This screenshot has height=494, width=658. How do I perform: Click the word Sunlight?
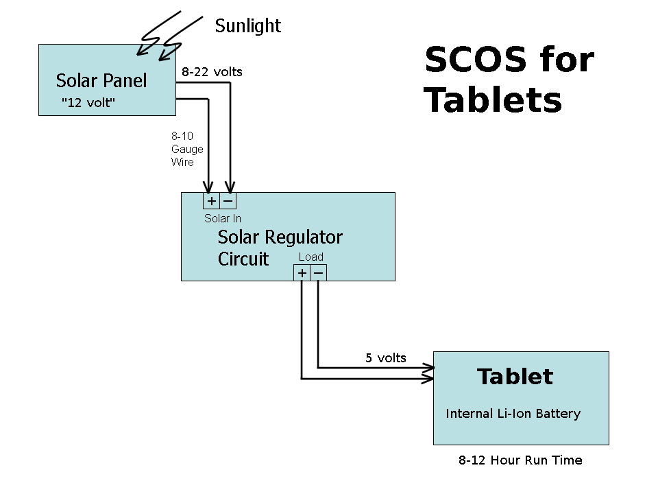[x=247, y=26]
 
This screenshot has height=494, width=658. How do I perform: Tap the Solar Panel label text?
[x=101, y=80]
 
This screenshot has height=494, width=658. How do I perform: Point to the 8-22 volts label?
[x=212, y=71]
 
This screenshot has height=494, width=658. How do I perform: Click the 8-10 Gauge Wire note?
[x=186, y=149]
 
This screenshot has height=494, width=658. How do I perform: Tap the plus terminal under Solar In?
[x=212, y=201]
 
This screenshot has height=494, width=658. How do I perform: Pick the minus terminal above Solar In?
[x=228, y=201]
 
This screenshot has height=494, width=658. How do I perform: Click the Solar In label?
[x=223, y=219]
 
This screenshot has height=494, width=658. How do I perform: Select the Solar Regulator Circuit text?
[x=280, y=248]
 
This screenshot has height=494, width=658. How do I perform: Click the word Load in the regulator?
[x=310, y=257]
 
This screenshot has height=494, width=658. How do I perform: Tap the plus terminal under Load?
[x=302, y=274]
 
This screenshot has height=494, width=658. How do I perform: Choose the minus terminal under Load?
[x=319, y=274]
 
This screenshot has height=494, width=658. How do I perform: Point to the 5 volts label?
[x=385, y=358]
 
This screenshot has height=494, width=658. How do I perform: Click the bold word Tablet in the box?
[x=515, y=377]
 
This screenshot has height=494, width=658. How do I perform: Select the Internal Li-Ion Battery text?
[x=513, y=414]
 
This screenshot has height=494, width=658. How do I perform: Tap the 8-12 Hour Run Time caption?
[x=520, y=460]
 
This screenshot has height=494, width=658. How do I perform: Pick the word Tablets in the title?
[x=493, y=100]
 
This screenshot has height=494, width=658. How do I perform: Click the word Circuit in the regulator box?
[x=243, y=259]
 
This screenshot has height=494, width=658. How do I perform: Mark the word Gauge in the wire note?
[x=187, y=149]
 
